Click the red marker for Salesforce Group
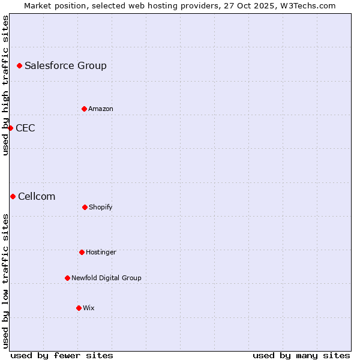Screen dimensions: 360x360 [x=19, y=65]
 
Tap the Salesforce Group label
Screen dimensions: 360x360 [x=65, y=66]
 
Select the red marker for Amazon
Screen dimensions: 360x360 [x=84, y=109]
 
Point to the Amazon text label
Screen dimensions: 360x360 [x=101, y=109]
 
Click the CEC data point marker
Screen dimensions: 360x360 [x=10, y=128]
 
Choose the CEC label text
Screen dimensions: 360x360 [x=25, y=128]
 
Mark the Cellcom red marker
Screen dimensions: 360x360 [x=13, y=196]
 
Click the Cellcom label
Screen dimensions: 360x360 [x=37, y=197]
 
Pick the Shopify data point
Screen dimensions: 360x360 [x=85, y=207]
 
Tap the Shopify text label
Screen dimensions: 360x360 [x=101, y=208]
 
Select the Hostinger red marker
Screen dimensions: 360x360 [x=82, y=252]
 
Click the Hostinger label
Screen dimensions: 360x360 [x=101, y=253]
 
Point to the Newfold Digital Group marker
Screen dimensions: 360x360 [x=67, y=278]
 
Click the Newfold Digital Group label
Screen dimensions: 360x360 [x=106, y=278]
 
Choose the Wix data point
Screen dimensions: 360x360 [x=79, y=308]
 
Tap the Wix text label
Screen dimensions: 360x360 [x=89, y=308]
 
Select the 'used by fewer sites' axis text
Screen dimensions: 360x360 [x=62, y=355]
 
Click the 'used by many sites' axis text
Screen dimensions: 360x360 [x=301, y=355]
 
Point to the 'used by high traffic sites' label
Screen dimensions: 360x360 [x=5, y=85]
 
